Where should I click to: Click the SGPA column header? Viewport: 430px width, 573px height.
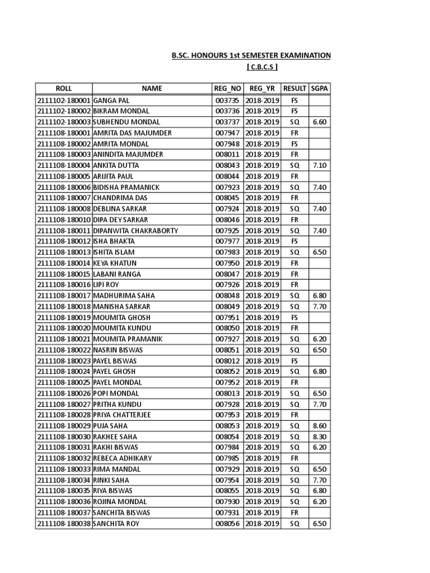[320, 88]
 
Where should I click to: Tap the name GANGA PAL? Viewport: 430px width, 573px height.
[111, 100]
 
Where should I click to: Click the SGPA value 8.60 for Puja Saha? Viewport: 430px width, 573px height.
[320, 426]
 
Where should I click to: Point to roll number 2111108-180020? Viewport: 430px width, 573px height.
[63, 328]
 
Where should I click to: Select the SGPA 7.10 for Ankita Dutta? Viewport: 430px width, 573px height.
[320, 165]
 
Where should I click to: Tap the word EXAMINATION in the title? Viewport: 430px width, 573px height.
[303, 56]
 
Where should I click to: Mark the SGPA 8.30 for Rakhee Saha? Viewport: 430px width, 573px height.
[320, 436]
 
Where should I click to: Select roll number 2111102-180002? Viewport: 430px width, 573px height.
[63, 111]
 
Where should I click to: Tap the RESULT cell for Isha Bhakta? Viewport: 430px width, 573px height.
[295, 241]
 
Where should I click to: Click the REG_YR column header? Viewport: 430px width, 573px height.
[262, 88]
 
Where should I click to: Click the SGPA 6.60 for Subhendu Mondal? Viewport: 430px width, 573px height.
[320, 122]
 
